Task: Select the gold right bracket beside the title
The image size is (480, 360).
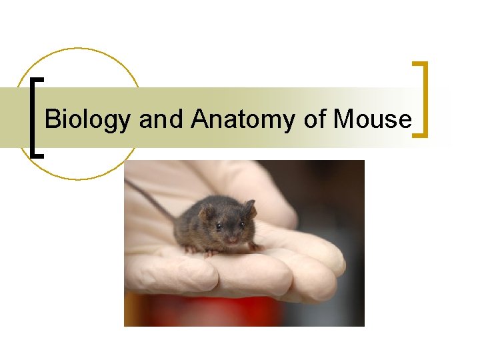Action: [421, 99]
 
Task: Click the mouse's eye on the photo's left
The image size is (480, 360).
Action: [218, 227]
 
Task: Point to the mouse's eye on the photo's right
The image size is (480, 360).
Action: [241, 225]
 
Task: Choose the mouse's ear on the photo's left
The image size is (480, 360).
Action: [206, 213]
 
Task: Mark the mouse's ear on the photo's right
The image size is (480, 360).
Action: [249, 207]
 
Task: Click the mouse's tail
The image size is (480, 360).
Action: [149, 198]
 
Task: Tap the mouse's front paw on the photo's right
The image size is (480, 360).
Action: [253, 246]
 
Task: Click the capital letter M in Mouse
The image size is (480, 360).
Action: [343, 119]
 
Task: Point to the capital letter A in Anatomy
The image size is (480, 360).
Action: [199, 119]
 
